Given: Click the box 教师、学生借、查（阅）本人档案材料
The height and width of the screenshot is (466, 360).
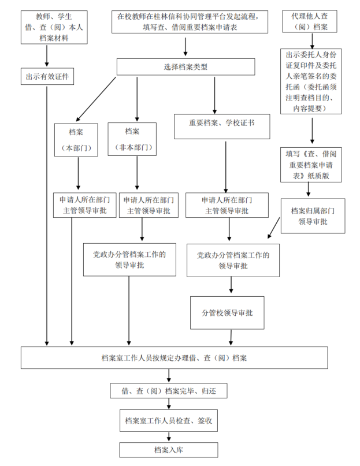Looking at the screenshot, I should pyautogui.click(x=54, y=27).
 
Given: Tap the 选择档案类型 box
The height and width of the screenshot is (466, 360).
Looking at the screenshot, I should pyautogui.click(x=185, y=67).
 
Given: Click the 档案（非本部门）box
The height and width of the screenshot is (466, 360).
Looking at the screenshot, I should pyautogui.click(x=132, y=139).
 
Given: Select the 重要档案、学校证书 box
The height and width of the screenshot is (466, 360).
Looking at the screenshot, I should pyautogui.click(x=222, y=122).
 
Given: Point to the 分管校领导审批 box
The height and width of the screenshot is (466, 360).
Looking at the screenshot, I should pyautogui.click(x=227, y=312).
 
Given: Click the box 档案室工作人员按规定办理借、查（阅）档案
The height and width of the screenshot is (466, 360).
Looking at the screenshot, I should pyautogui.click(x=174, y=357).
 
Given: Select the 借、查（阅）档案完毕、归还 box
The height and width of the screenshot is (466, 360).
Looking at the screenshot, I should pyautogui.click(x=169, y=391).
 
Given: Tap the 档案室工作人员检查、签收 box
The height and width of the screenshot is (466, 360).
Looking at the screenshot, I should pyautogui.click(x=169, y=421).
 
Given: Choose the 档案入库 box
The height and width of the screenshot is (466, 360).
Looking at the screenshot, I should pyautogui.click(x=169, y=449).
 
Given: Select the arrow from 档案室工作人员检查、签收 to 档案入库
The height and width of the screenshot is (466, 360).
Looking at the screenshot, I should pyautogui.click(x=169, y=436).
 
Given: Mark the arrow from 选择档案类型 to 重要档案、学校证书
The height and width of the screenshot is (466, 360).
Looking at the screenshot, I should pyautogui.click(x=214, y=94).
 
